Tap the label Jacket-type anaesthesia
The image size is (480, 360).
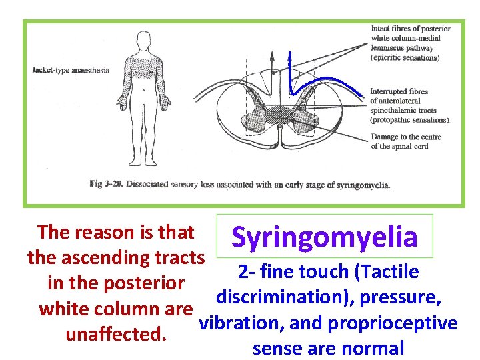click(x=70, y=69)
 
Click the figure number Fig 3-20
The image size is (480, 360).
click(x=107, y=184)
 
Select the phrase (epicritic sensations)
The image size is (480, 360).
click(x=405, y=57)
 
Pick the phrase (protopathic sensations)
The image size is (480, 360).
click(x=409, y=120)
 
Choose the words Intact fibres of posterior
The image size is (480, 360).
click(x=410, y=29)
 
